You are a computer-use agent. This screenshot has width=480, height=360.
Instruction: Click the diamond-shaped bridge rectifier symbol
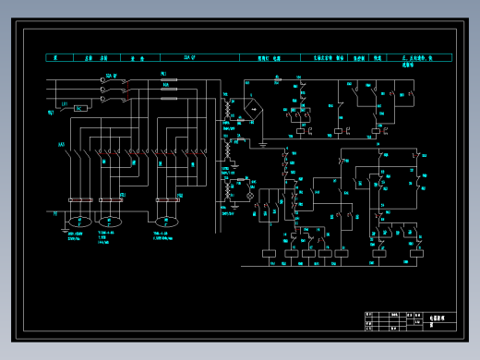click(254, 107)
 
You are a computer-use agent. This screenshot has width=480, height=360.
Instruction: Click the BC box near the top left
click(79, 108)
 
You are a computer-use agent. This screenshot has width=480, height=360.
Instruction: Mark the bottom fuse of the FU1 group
click(169, 97)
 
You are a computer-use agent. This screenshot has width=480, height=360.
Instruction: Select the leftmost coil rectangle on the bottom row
click(269, 251)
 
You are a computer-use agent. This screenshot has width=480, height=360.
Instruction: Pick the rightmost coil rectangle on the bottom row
click(407, 251)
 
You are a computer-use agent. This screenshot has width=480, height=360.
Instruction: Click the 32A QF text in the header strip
click(190, 57)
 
